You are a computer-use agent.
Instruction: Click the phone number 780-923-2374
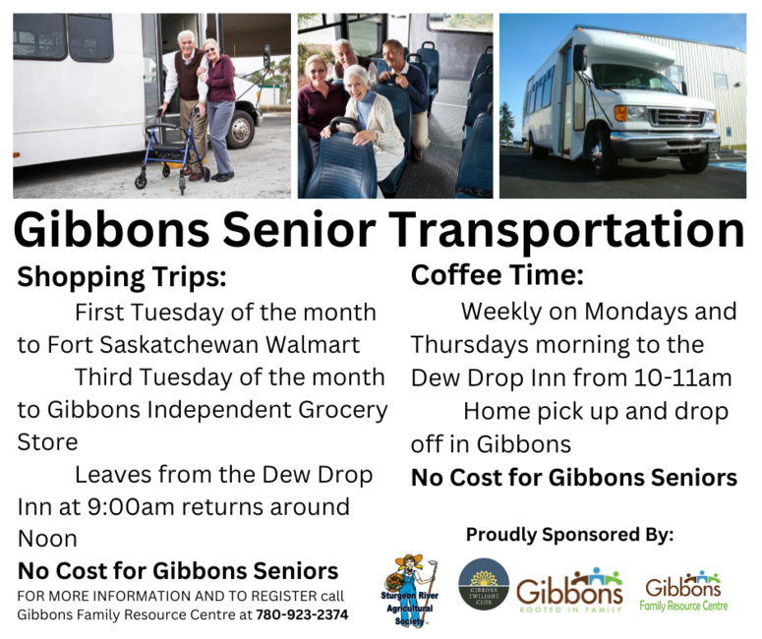[x=302, y=614]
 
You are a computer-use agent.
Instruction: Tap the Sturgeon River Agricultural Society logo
[x=410, y=591]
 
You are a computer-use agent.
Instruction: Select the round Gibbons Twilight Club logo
[x=484, y=584]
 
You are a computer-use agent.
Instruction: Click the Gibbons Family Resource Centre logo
[x=683, y=592]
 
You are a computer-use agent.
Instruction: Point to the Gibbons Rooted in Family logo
[x=569, y=591]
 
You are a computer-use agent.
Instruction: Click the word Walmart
[x=313, y=344]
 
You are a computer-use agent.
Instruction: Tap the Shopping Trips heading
[x=122, y=277]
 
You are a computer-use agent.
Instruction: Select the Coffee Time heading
[x=498, y=275]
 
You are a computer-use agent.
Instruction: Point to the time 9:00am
[x=131, y=507]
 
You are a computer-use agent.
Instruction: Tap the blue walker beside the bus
[x=171, y=150]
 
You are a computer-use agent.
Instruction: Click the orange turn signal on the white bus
[x=620, y=113]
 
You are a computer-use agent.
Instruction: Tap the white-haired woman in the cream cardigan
[x=366, y=122]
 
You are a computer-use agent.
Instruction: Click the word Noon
[x=47, y=539]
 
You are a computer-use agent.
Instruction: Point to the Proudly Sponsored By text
[x=569, y=535]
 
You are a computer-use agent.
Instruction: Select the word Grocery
[x=342, y=411]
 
